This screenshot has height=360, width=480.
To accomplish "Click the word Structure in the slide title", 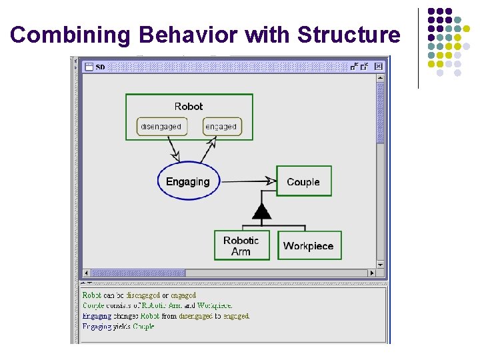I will pos(349,35).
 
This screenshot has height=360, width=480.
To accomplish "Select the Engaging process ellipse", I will pos(188,181).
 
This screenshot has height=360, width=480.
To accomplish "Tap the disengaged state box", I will pos(161,127).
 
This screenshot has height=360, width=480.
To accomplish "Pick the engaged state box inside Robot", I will pos(221,127).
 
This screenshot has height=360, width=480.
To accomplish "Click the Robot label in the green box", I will pos(189,107).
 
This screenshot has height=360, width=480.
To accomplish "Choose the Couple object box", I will pos(303,181).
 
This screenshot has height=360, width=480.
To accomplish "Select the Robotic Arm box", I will pos(241,245).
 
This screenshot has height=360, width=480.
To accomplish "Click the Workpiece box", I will pos(308,245).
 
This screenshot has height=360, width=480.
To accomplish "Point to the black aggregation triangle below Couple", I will pos(262,212).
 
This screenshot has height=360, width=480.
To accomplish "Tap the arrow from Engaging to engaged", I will pos(207,150).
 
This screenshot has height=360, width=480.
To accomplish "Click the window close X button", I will pos(379,67).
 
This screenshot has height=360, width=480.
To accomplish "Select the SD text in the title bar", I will pos(101,67).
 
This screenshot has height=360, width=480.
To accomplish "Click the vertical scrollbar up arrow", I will pos(380,78).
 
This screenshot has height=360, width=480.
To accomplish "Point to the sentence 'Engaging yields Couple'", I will pos(118,327).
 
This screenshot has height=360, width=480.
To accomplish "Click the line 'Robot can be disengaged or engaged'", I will pos(139,295).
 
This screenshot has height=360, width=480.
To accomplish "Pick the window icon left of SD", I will pos(89,67).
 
